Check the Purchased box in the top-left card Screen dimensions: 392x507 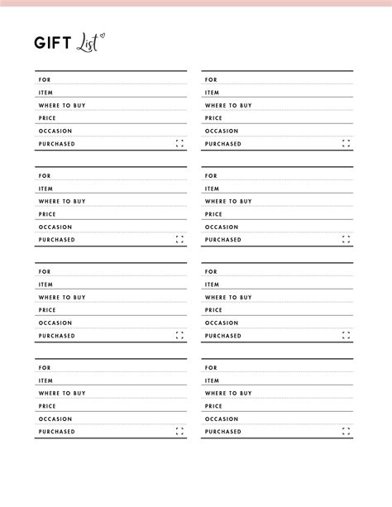click(180, 144)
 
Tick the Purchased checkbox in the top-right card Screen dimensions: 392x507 click(347, 144)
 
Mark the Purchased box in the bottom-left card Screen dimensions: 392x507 click(180, 432)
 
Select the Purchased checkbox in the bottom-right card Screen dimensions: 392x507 click(347, 432)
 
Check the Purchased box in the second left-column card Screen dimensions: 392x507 click(180, 240)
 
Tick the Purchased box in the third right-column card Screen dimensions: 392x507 click(347, 336)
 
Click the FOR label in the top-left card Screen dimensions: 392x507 click(44, 80)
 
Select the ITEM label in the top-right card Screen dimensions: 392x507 click(213, 93)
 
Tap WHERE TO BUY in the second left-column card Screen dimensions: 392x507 click(62, 201)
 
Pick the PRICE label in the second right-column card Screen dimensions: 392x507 click(213, 214)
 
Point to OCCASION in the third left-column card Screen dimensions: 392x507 click(55, 323)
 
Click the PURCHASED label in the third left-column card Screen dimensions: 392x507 click(56, 336)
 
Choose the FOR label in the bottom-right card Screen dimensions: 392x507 click(211, 367)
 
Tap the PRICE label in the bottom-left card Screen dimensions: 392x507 click(46, 406)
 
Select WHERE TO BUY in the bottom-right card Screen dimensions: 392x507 click(229, 393)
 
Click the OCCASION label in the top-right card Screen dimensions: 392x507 click(222, 131)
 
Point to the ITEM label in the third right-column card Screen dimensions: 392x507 click(213, 285)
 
